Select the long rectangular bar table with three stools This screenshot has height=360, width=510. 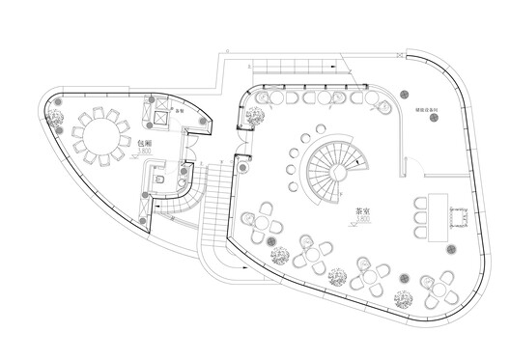[437, 214]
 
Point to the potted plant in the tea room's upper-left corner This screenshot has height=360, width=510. [255, 117]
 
